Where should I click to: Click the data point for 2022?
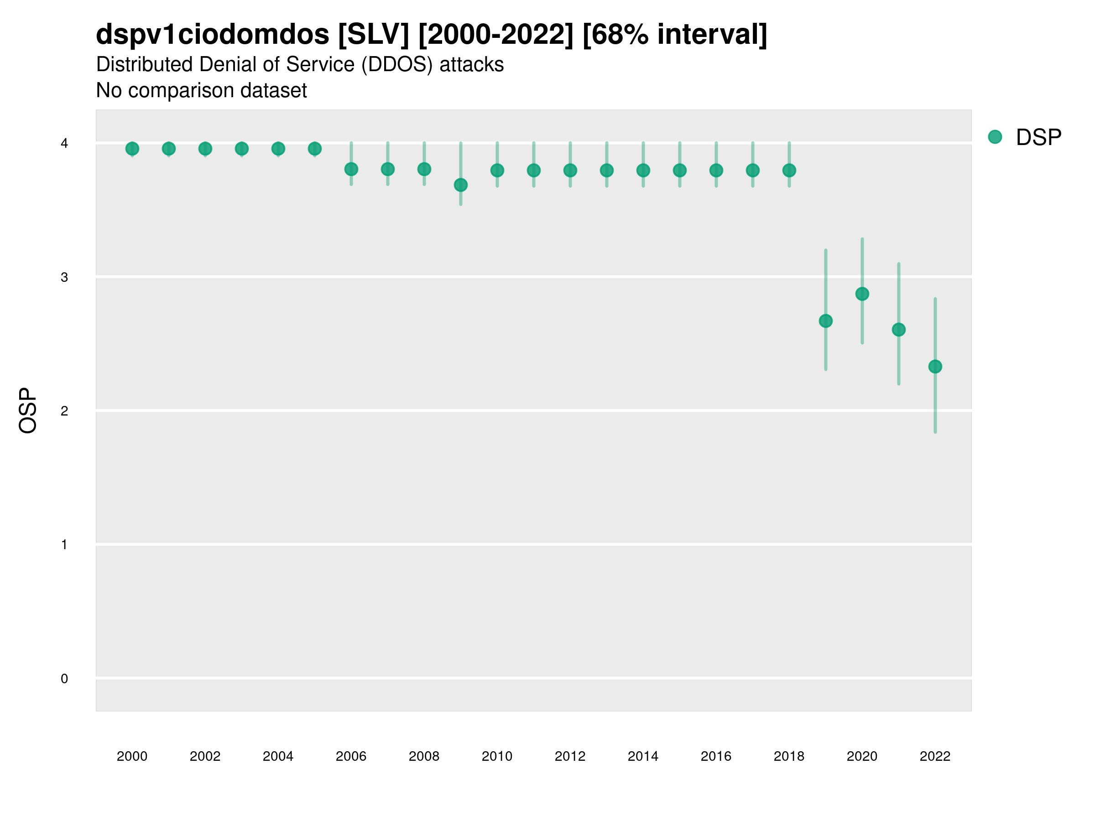(935, 367)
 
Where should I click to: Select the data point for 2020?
(862, 294)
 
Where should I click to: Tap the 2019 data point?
(826, 321)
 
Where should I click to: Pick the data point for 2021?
(898, 330)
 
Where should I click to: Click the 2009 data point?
(461, 185)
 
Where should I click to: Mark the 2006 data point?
(351, 169)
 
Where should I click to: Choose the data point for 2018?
(789, 170)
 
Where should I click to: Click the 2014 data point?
(643, 170)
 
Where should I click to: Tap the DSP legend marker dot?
(995, 137)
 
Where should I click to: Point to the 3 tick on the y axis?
(64, 277)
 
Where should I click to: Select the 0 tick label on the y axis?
(64, 679)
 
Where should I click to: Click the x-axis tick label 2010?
(497, 756)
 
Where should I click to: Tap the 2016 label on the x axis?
(716, 756)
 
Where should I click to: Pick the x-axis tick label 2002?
(205, 756)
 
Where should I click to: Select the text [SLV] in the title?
(374, 35)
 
